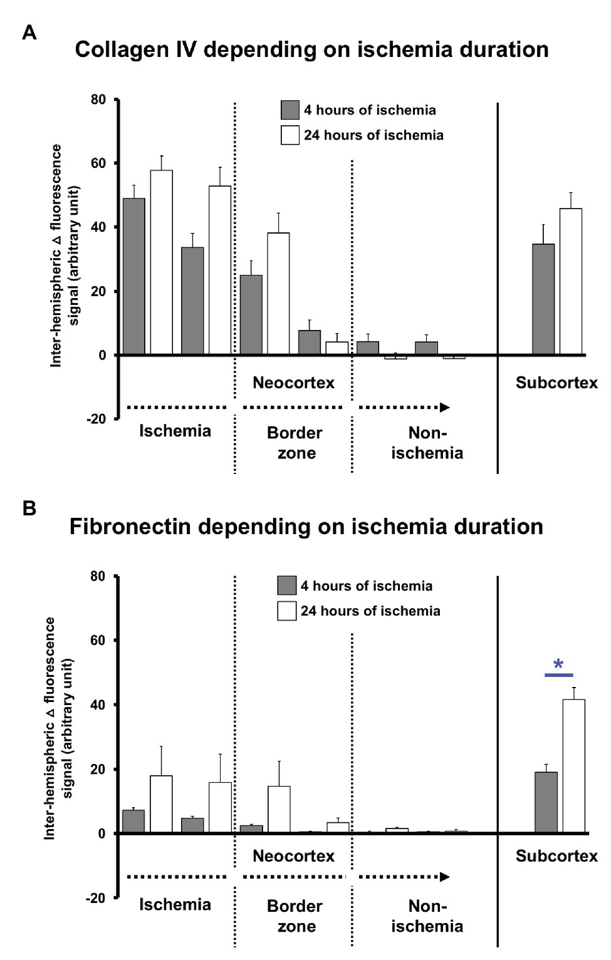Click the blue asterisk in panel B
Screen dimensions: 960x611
tap(558, 664)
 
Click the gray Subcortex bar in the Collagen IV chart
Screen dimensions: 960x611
tap(543, 299)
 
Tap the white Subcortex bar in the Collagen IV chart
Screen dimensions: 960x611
tap(571, 282)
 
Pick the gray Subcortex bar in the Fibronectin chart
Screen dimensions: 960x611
tap(546, 802)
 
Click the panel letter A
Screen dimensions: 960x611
tap(29, 33)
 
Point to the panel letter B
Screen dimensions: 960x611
tap(29, 508)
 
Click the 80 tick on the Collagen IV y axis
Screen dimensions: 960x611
tap(98, 100)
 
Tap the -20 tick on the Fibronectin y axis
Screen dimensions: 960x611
tap(97, 898)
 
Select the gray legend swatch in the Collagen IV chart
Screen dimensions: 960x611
tap(290, 110)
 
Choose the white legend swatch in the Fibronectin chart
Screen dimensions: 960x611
tap(287, 611)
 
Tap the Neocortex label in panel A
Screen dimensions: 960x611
tap(293, 383)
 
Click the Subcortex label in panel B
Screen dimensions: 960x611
tap(556, 856)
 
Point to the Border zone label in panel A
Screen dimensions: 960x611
tap(295, 443)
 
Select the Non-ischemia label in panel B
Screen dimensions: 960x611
tap(427, 916)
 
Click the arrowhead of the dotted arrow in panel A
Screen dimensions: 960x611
tap(445, 408)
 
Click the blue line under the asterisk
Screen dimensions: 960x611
tap(558, 675)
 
